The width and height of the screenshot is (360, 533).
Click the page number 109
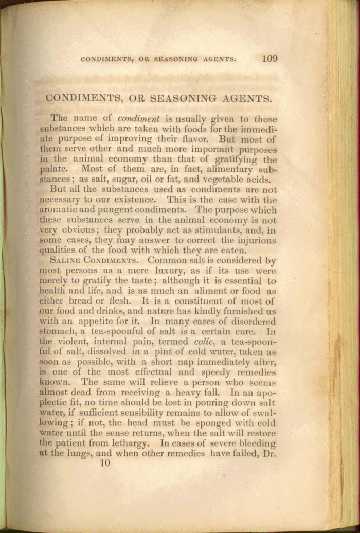[269, 58]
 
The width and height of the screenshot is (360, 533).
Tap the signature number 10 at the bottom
[105, 463]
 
